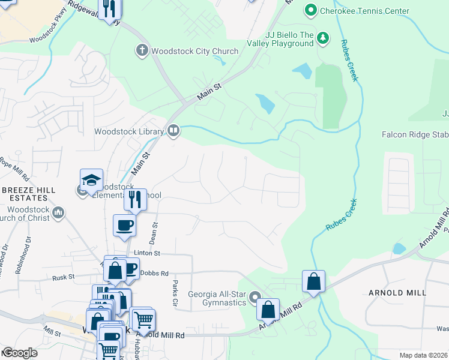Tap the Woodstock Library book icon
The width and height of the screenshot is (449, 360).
click(173, 130)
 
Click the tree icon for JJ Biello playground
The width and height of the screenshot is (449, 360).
click(323, 38)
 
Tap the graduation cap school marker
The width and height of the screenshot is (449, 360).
click(91, 180)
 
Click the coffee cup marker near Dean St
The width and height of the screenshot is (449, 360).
click(125, 225)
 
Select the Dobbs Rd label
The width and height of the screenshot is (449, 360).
click(154, 272)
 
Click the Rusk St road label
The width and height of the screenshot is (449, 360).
click(62, 277)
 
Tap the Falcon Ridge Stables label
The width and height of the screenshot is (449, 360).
click(415, 134)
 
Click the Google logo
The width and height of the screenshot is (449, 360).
click(20, 353)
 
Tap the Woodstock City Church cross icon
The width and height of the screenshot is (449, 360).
click(142, 50)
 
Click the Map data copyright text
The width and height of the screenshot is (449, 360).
click(424, 355)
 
